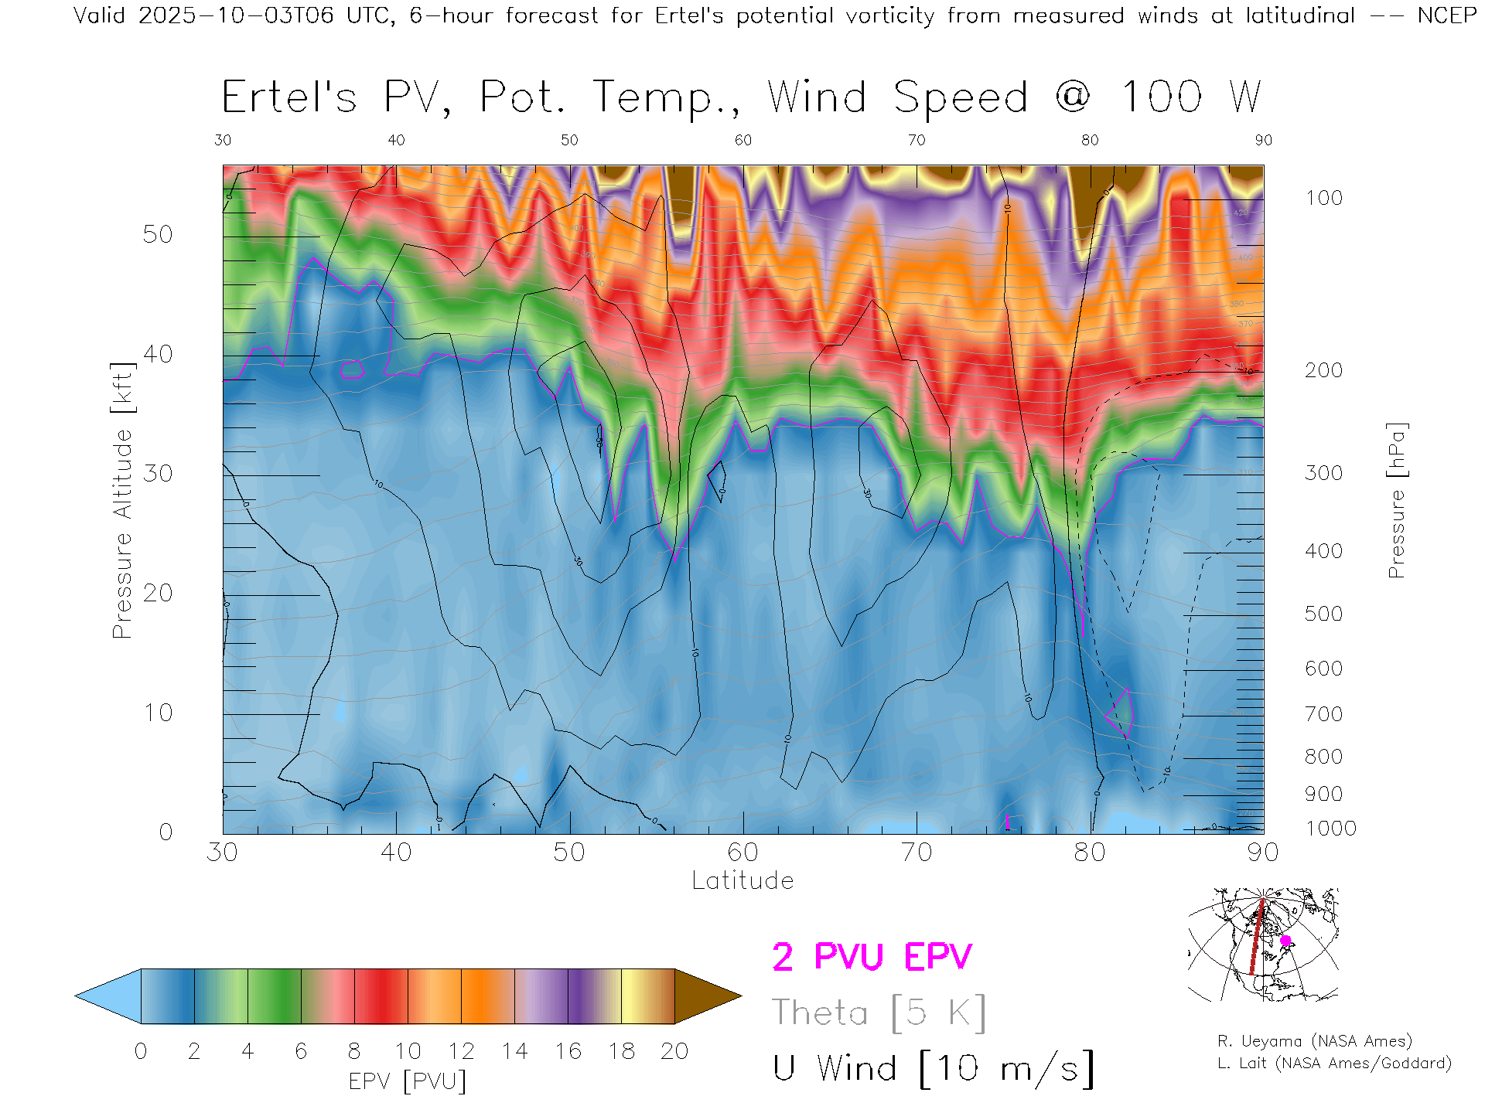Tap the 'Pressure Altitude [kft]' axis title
point(122,501)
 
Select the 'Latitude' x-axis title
point(742,881)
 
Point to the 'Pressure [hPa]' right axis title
point(1396,501)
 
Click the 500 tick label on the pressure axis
point(1324,614)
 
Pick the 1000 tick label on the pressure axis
point(1330,829)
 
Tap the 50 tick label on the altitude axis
point(157,234)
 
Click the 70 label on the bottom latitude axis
point(917,853)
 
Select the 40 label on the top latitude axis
point(396,140)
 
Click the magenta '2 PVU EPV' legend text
point(872,957)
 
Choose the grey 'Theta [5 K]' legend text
point(879,1013)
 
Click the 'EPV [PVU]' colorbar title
point(408,1081)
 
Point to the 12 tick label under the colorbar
point(461,1051)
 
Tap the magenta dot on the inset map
point(1285,941)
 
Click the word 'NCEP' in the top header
point(1446,15)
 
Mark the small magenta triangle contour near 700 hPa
point(1121,713)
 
